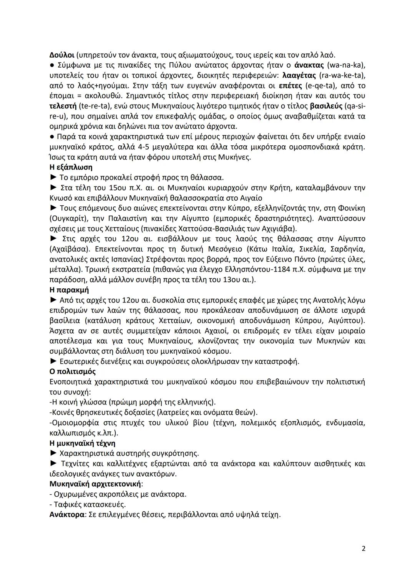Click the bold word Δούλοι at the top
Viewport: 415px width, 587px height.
tap(60, 55)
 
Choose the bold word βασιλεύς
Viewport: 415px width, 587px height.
tap(326, 106)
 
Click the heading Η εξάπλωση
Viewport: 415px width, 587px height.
tap(71, 167)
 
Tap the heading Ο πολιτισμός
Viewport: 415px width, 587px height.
tap(73, 372)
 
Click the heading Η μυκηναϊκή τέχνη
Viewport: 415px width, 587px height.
tap(82, 443)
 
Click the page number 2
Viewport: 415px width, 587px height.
tap(363, 549)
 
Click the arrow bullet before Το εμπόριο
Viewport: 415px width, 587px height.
tap(53, 178)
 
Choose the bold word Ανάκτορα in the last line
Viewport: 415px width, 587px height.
tap(66, 515)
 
